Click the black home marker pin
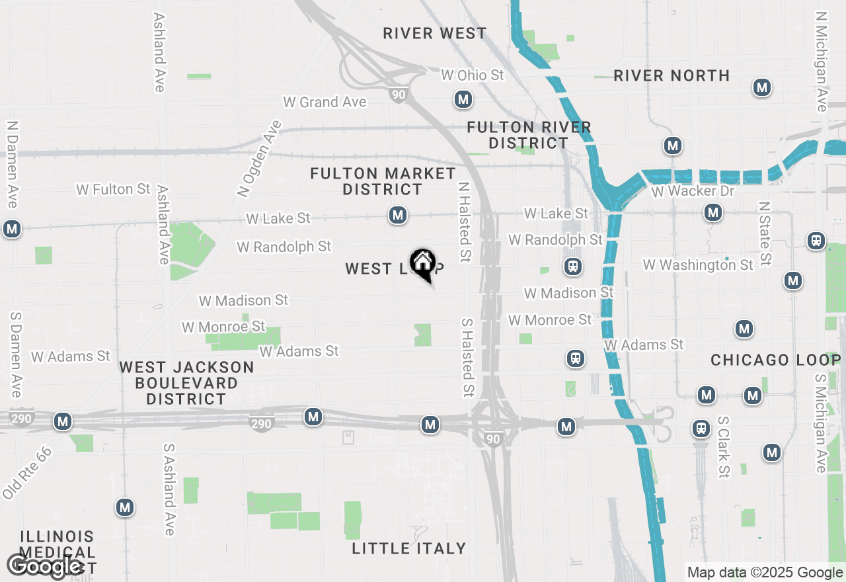[x=422, y=264]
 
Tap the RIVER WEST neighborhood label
[x=434, y=33]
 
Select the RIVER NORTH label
[x=672, y=75]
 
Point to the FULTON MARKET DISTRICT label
[x=383, y=181]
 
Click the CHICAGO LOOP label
[x=775, y=360]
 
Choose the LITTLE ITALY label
[x=409, y=548]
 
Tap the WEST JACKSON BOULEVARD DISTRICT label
[x=186, y=383]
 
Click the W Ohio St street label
[x=472, y=75]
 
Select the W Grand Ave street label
[x=325, y=102]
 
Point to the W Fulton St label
[x=113, y=189]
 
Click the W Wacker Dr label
[x=693, y=191]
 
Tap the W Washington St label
[x=698, y=265]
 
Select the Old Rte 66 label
[x=26, y=473]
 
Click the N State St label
[x=765, y=233]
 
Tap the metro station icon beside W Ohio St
[x=463, y=100]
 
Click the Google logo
[x=44, y=566]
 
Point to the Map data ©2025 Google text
[x=765, y=573]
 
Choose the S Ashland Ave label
[x=169, y=489]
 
